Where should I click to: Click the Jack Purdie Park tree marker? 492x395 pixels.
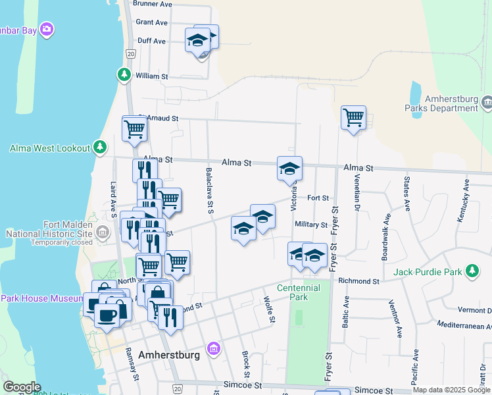472,271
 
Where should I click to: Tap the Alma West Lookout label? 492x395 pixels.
49,148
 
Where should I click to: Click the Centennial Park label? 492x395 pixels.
299,292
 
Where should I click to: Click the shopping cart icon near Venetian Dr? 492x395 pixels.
354,118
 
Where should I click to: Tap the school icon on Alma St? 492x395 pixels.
289,169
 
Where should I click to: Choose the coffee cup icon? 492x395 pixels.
107,314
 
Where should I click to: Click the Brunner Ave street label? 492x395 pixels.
152,4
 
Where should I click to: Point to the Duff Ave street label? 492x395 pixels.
151,41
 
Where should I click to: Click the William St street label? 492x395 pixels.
151,76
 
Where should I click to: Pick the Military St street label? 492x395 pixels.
310,224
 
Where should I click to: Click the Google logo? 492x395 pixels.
21,387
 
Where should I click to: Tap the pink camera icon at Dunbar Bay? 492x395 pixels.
47,29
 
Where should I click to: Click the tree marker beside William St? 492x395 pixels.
124,75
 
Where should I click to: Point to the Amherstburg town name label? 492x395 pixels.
170,355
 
